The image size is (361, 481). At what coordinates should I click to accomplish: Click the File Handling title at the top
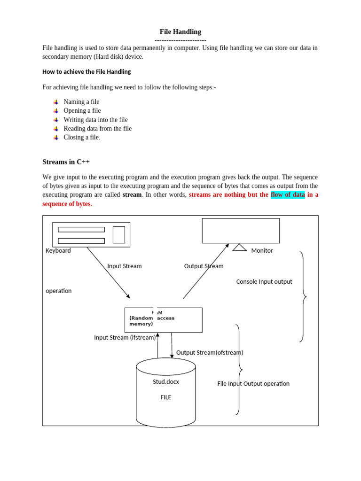tap(180, 32)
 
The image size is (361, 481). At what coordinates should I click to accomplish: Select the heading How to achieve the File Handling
tap(86, 72)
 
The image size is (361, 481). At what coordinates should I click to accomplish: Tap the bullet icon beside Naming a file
tap(55, 102)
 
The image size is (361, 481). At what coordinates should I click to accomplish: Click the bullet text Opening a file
tap(82, 111)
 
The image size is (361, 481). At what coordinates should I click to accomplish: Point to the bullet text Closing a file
tap(81, 138)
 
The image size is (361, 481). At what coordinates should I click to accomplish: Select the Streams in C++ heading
tap(66, 162)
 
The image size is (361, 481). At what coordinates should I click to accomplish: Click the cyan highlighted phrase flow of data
tap(288, 195)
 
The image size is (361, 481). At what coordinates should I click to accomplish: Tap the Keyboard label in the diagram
tap(58, 251)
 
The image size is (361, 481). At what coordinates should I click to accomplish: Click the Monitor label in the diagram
tap(262, 251)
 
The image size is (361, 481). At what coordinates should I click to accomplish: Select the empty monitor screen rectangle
tap(241, 231)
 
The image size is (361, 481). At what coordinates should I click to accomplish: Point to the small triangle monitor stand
tap(240, 247)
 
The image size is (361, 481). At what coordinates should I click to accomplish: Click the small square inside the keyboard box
tap(119, 235)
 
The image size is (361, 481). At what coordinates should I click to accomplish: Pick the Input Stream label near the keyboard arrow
tap(124, 266)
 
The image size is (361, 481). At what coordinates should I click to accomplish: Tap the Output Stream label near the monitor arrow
tap(204, 266)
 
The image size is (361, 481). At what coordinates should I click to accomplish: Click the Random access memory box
tap(163, 320)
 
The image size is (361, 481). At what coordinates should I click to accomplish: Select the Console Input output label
tap(264, 282)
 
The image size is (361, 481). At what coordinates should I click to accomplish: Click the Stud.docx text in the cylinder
tap(166, 382)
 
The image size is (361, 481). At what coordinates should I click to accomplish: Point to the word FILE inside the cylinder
tap(166, 397)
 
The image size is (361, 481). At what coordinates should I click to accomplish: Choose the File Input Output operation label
tap(253, 384)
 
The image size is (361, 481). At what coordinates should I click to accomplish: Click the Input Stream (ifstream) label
tap(125, 337)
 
